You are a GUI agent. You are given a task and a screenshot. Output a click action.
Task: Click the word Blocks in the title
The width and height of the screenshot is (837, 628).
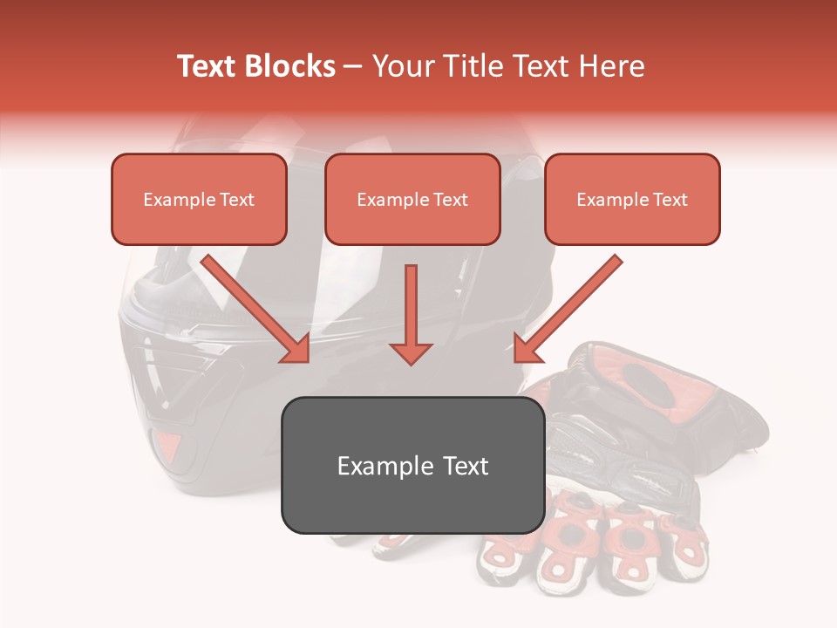coord(289,66)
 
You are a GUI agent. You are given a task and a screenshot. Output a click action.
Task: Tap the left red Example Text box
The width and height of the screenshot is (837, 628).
coord(199,199)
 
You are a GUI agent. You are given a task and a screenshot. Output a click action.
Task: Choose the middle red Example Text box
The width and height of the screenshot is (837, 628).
coord(412,199)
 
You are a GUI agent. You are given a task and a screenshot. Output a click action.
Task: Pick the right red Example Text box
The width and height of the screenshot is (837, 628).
coord(632,199)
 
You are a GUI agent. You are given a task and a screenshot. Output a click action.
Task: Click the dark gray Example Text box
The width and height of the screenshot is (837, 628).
coord(412,465)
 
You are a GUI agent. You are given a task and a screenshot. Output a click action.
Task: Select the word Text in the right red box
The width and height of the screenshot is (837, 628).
coord(670,199)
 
